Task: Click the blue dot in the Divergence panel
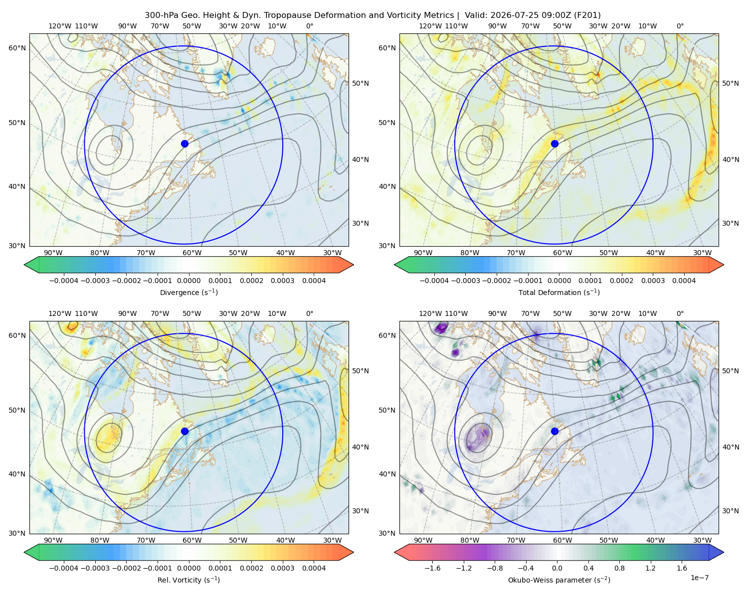coord(185,144)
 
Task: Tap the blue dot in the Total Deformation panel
coord(555,144)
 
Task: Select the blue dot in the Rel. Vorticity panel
coord(185,431)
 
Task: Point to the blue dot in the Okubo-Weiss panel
coord(555,431)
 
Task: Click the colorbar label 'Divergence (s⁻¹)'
coord(188,292)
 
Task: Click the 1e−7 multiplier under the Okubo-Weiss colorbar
coord(699,578)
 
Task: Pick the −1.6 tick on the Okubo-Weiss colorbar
coord(432,568)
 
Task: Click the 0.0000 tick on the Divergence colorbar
coord(188,281)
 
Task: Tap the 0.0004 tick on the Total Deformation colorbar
coord(684,281)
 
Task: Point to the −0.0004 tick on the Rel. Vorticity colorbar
coord(64,568)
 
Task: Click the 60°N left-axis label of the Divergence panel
coord(17,48)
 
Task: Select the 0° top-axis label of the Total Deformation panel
coord(680,26)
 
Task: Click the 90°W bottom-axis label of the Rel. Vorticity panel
coord(53,540)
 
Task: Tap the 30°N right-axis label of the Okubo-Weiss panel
coord(730,510)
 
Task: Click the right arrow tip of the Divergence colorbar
coord(354,265)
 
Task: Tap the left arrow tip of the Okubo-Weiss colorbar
coord(394,552)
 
